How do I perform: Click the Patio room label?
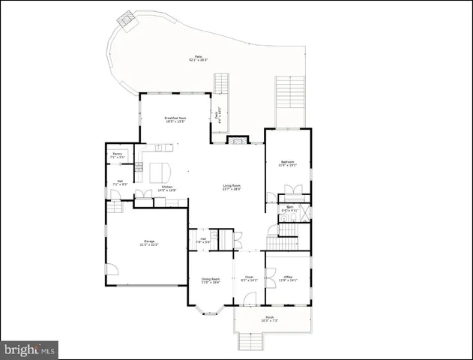(x=198, y=56)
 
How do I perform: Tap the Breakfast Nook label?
(x=175, y=118)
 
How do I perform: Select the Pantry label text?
(x=117, y=154)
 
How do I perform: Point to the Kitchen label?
(x=167, y=187)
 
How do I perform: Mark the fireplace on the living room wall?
(x=236, y=140)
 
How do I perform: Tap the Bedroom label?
(x=289, y=162)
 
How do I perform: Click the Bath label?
(x=289, y=208)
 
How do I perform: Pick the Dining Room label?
(x=210, y=278)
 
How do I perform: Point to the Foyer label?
(x=249, y=277)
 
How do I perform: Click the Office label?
(x=289, y=277)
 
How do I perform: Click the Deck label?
(x=220, y=116)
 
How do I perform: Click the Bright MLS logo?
(x=30, y=349)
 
